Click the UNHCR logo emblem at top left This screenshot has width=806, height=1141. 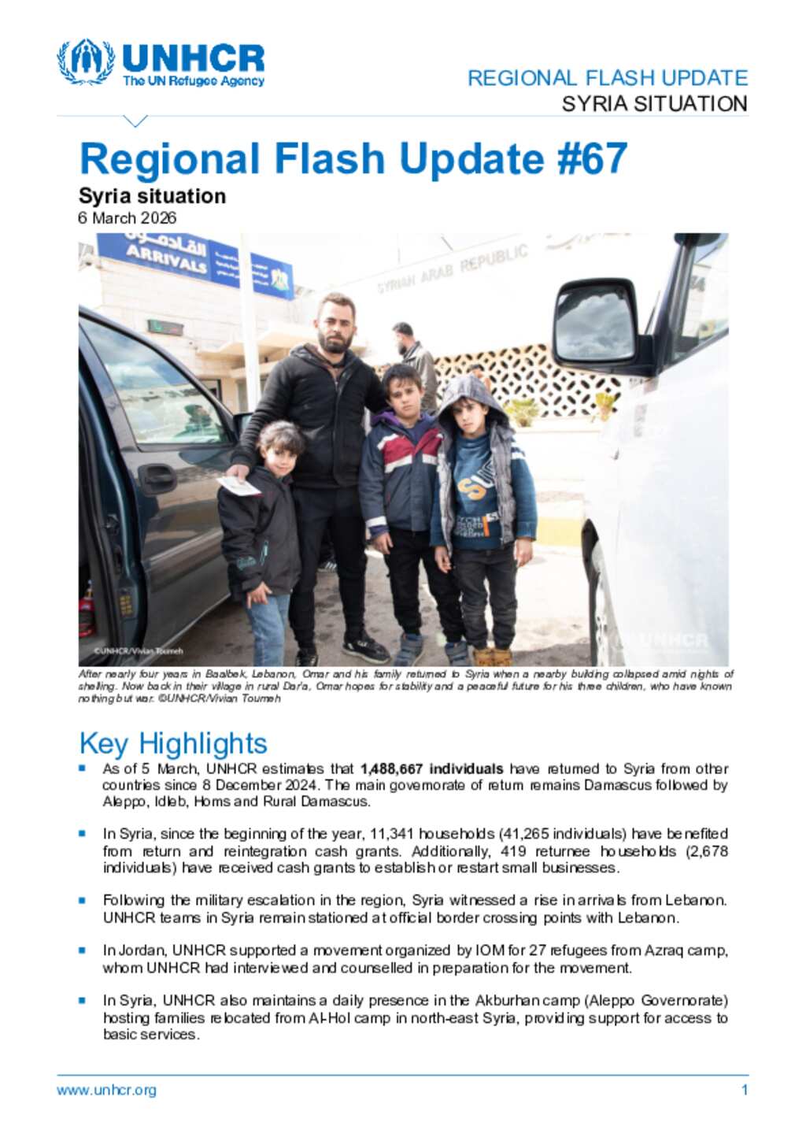point(84,61)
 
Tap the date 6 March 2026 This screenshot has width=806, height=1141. point(127,218)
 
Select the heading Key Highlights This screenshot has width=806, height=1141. point(173,743)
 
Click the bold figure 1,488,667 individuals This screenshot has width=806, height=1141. point(431,769)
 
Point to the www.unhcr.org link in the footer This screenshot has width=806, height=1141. point(106,1091)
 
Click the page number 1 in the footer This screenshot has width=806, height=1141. point(744,1091)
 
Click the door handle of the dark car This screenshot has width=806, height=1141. point(157,476)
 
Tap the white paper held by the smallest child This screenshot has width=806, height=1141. point(238,486)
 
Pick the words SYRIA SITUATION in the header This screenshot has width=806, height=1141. point(654,104)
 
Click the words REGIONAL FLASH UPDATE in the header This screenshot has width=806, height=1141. point(607,78)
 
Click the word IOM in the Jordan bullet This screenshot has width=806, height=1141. point(489,950)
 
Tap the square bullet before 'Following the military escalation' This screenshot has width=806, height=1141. point(82,899)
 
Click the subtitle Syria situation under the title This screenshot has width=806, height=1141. point(152,196)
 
